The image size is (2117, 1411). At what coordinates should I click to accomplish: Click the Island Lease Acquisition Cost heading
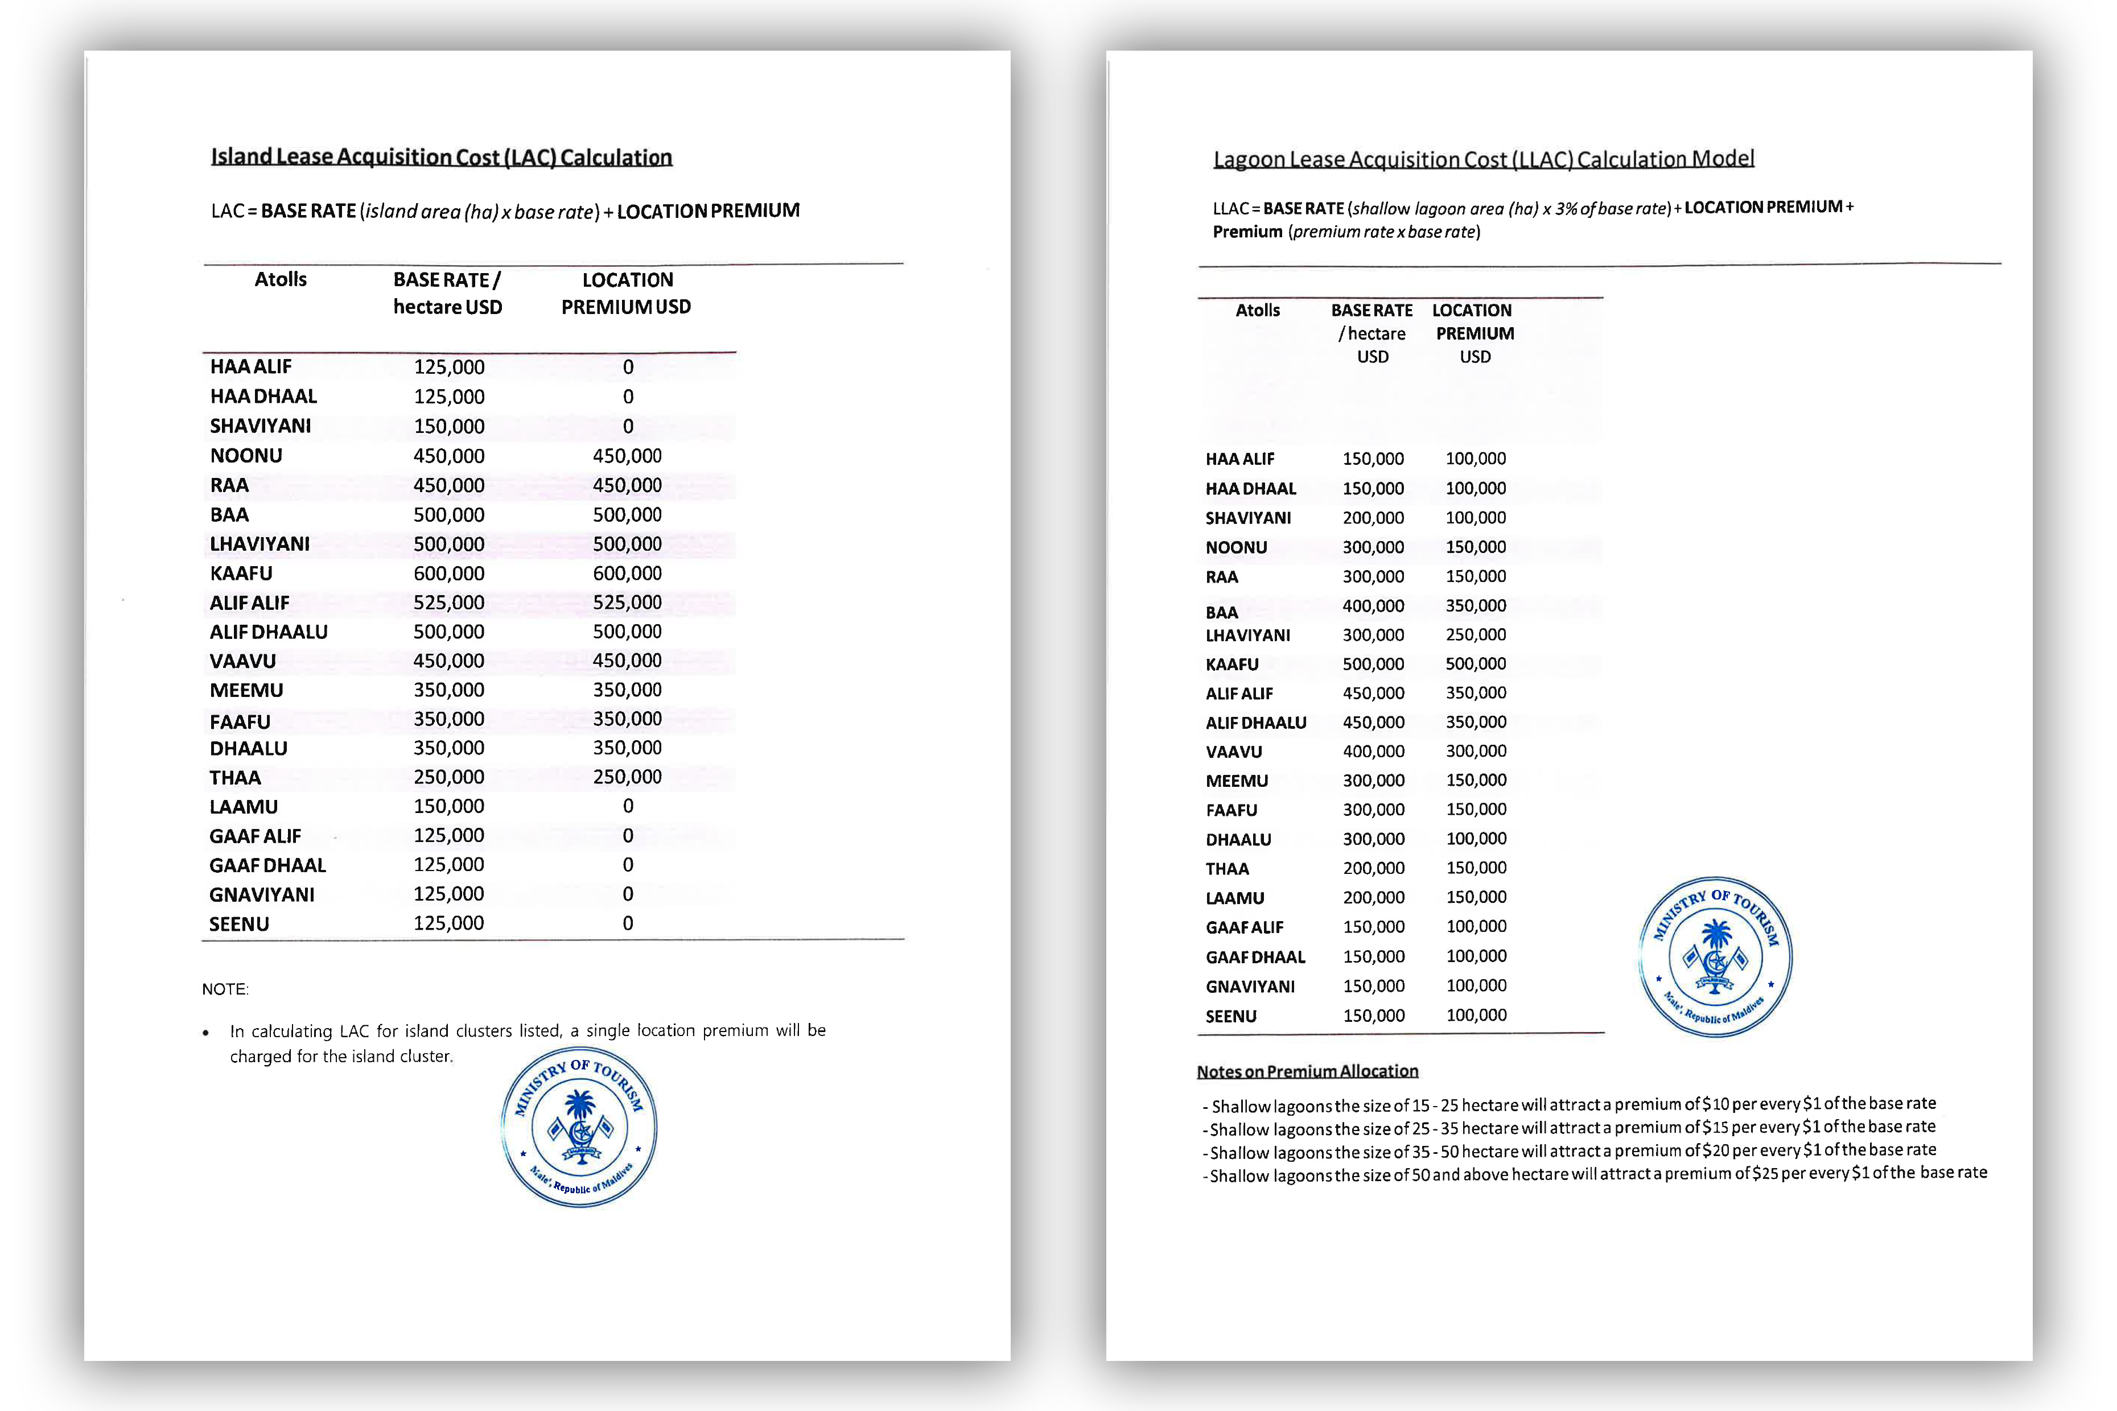(441, 158)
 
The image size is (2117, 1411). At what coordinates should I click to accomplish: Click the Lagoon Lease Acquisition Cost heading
(1484, 159)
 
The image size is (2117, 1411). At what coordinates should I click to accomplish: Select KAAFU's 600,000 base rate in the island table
(448, 574)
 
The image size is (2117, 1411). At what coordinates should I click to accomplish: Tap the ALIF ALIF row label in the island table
(249, 603)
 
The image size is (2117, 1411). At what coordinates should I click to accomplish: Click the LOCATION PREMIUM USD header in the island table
(627, 294)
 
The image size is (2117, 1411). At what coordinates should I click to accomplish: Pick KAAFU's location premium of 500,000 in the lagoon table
(1475, 664)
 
